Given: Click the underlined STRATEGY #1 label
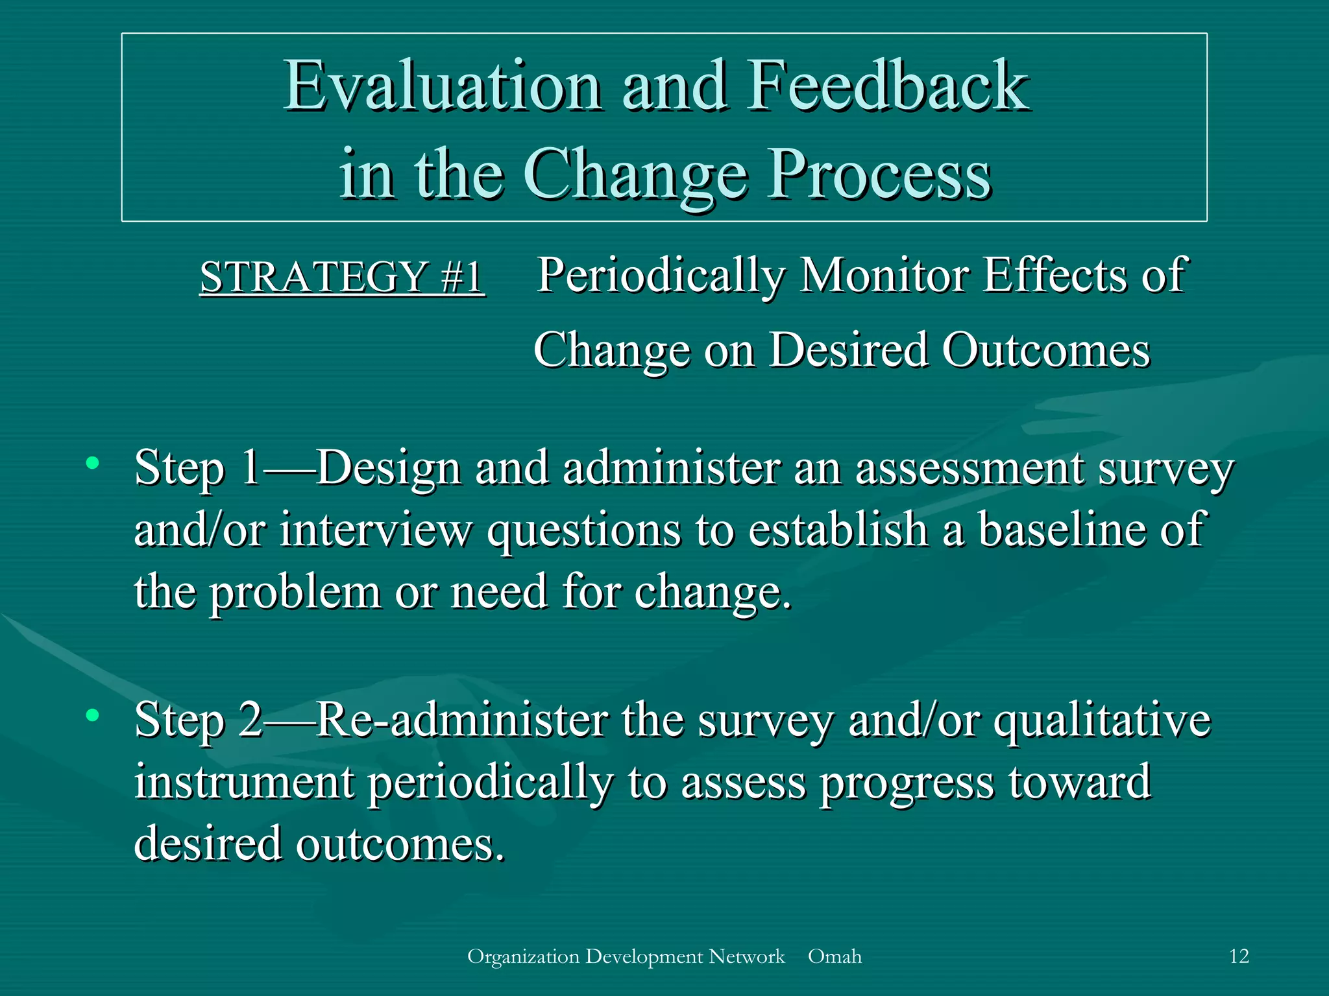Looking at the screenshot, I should click(x=342, y=277).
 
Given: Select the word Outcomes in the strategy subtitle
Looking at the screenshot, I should click(x=1045, y=351).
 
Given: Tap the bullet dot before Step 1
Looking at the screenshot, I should click(x=93, y=462).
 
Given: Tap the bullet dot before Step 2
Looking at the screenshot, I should click(x=93, y=715).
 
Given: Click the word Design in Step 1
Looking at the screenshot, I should click(x=388, y=469).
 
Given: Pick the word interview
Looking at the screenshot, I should click(x=376, y=530).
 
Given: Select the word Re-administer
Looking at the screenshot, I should click(x=463, y=720).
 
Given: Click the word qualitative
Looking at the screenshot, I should click(x=1102, y=721).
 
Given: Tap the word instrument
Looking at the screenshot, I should click(x=244, y=783).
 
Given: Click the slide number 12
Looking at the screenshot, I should click(x=1239, y=956).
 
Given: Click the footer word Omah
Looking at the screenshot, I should click(x=835, y=956).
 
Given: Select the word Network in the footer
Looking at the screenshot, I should click(x=746, y=956).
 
